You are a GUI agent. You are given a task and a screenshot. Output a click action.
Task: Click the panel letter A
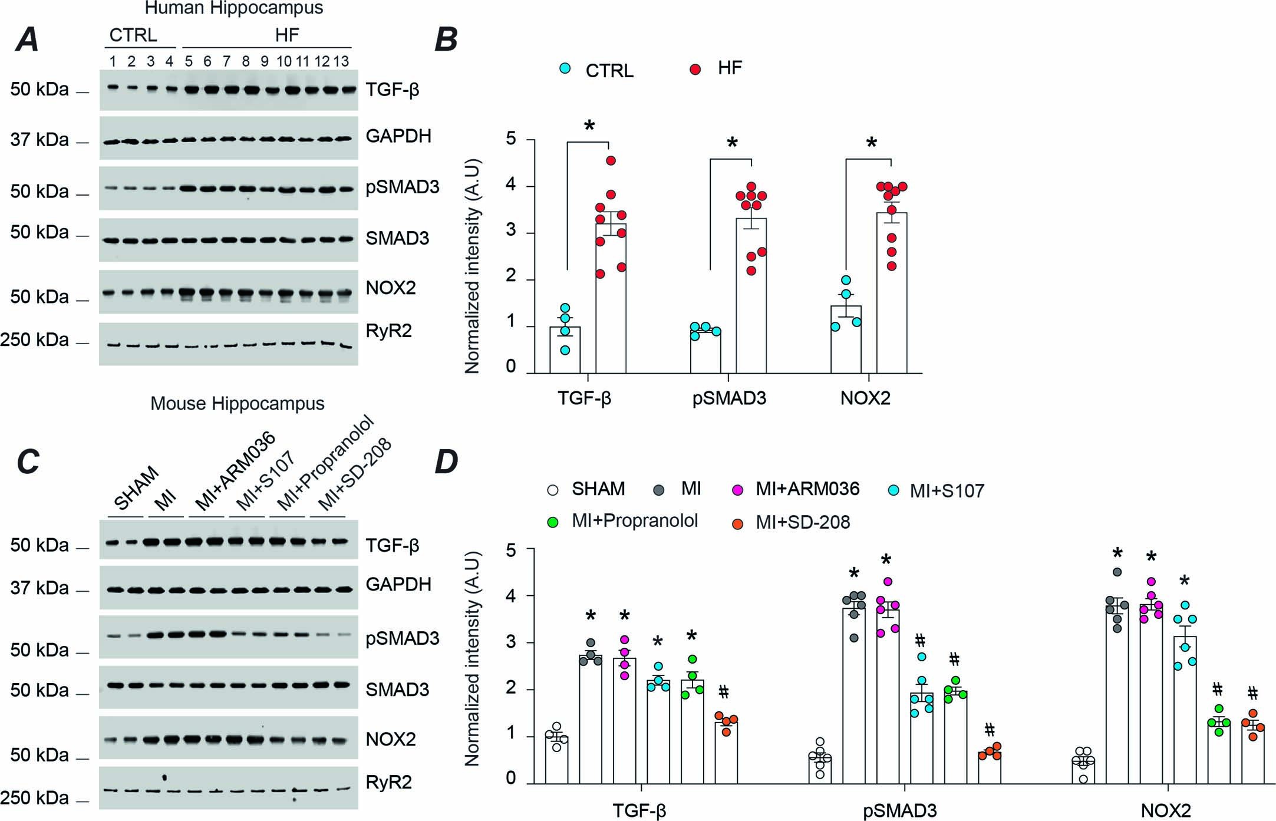pos(27,39)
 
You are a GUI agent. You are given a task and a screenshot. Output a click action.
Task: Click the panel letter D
pos(446,461)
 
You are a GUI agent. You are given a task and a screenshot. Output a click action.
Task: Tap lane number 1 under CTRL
pos(112,61)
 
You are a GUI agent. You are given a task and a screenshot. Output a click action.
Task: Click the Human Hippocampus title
pos(234,8)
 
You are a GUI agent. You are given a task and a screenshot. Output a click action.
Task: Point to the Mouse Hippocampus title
pos(237,404)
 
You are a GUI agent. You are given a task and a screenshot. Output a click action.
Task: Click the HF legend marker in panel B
pos(695,69)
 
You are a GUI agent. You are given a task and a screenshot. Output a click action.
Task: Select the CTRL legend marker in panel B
pos(565,69)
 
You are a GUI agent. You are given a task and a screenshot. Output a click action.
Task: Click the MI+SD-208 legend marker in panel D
pos(737,523)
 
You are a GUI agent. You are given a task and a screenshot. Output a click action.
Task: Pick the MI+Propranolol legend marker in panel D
pos(552,522)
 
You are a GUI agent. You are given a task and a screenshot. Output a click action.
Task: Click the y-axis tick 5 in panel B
pos(511,140)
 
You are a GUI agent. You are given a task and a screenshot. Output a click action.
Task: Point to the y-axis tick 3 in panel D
pos(511,642)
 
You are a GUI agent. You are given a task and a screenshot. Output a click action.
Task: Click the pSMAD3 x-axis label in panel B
pos(729,399)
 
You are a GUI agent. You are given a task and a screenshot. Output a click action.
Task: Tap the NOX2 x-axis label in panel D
pos(1165,810)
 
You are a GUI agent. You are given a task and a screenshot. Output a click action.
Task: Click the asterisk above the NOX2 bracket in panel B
pos(871,143)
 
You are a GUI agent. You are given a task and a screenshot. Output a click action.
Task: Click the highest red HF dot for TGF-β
pos(611,160)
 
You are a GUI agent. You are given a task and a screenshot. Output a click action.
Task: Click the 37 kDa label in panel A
pos(39,140)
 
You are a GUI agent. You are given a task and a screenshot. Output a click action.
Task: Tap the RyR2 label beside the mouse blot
pos(388,782)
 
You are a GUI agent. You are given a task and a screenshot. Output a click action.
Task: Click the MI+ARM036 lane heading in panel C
pos(235,472)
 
